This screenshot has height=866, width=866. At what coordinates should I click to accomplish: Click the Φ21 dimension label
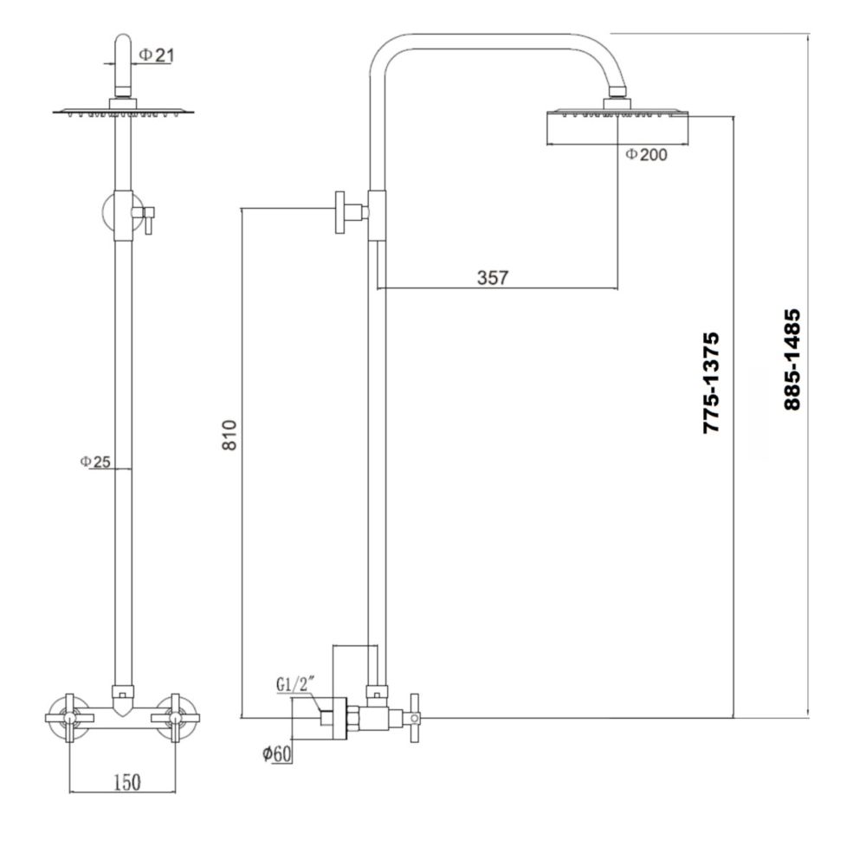pos(157,55)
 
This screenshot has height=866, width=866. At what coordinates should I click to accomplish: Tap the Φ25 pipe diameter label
pos(95,462)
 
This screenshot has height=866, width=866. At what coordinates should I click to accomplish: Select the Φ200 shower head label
pos(646,154)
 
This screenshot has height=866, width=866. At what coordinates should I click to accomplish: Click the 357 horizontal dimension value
pos(493,278)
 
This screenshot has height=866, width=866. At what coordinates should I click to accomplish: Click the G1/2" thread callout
pos(294,685)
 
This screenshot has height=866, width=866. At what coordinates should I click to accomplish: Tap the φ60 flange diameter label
pos(276,754)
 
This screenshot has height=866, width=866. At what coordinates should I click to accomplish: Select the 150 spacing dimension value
pos(126,782)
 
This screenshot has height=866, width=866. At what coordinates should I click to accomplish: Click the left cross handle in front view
pos(69,718)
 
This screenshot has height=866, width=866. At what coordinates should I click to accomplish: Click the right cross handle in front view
pos(176,718)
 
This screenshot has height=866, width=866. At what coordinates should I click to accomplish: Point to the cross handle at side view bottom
pos(413,718)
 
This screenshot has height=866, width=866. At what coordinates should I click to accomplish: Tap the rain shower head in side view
pos(617,128)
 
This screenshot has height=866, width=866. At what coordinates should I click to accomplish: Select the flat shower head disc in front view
pos(123,111)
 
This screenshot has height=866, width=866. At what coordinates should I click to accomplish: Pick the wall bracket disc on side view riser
pos(339,212)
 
